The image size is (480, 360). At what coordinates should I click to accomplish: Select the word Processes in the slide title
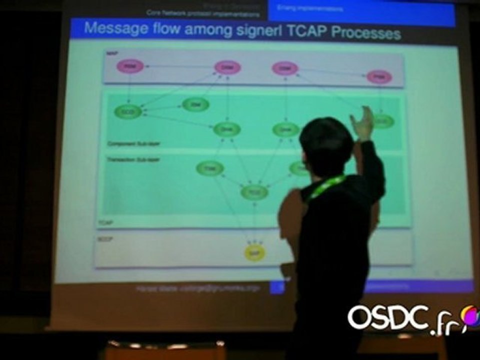[x=366, y=33]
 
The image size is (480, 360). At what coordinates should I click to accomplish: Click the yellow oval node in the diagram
[x=254, y=253]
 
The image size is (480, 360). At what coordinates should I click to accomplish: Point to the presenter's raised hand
[x=363, y=123]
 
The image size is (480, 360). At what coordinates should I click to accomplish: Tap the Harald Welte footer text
[x=198, y=288]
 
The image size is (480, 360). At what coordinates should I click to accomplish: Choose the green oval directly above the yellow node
[x=254, y=191]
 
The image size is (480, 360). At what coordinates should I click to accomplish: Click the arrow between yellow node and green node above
[x=254, y=222]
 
